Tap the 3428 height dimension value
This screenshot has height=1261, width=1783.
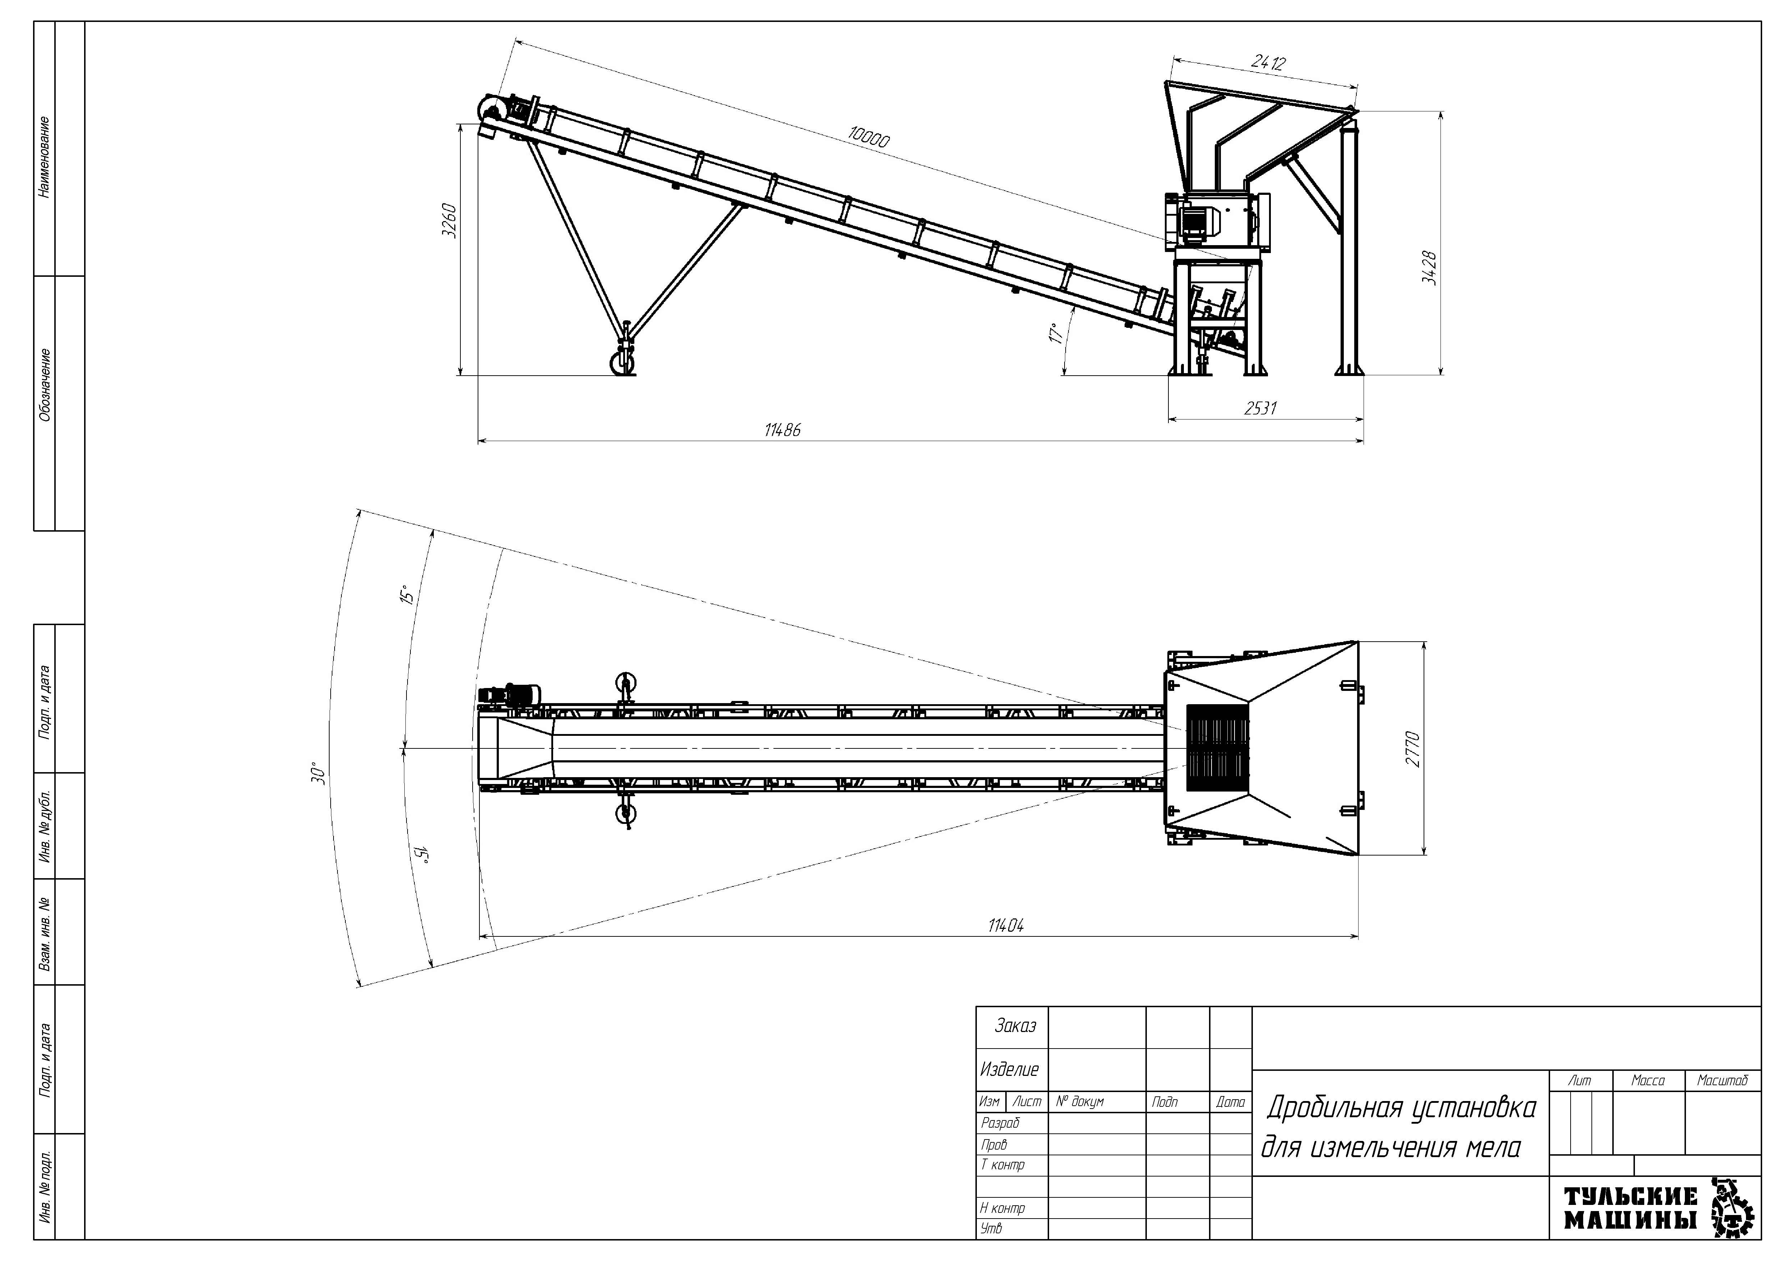click(x=1430, y=268)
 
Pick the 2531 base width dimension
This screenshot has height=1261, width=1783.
click(x=1260, y=408)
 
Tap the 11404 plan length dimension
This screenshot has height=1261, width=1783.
click(x=1006, y=926)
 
